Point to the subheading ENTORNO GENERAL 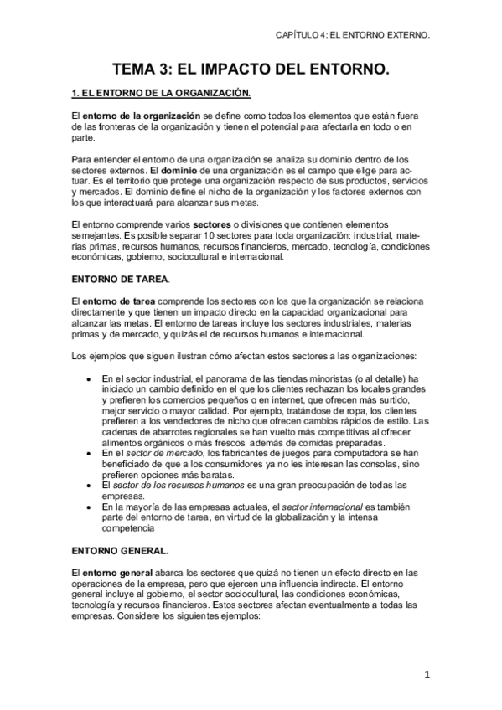(x=120, y=549)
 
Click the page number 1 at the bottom (x=427, y=674)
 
